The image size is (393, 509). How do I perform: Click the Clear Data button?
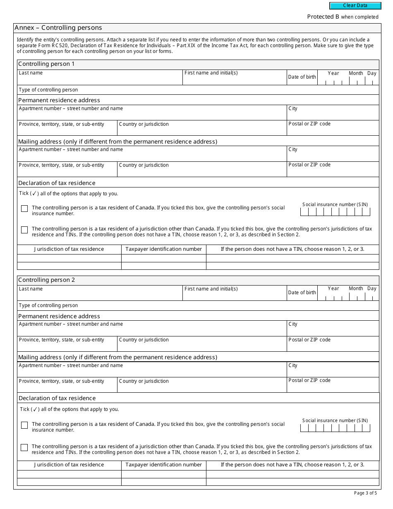pyautogui.click(x=355, y=6)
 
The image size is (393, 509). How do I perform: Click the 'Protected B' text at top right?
pyautogui.click(x=343, y=17)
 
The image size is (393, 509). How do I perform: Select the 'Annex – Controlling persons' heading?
pyautogui.click(x=58, y=28)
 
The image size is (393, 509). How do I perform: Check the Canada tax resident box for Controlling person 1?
pyautogui.click(x=24, y=209)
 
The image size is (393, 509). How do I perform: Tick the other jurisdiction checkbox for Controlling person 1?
pyautogui.click(x=24, y=230)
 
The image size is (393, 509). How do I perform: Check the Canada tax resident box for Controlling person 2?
pyautogui.click(x=24, y=425)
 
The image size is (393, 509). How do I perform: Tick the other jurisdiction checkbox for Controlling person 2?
pyautogui.click(x=24, y=447)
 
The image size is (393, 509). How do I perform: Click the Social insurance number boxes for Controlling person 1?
pyautogui.click(x=335, y=212)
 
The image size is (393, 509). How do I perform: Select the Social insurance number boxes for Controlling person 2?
pyautogui.click(x=335, y=428)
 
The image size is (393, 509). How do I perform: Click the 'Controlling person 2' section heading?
pyautogui.click(x=47, y=280)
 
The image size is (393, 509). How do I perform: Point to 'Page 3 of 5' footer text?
pyautogui.click(x=365, y=493)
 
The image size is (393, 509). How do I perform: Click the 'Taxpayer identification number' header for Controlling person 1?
pyautogui.click(x=163, y=249)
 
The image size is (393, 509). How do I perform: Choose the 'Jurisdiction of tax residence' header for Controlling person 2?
pyautogui.click(x=69, y=465)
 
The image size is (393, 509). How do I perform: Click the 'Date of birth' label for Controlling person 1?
pyautogui.click(x=302, y=77)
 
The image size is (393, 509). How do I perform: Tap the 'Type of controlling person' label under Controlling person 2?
pyautogui.click(x=48, y=305)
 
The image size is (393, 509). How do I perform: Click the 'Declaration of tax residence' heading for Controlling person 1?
pyautogui.click(x=57, y=183)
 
